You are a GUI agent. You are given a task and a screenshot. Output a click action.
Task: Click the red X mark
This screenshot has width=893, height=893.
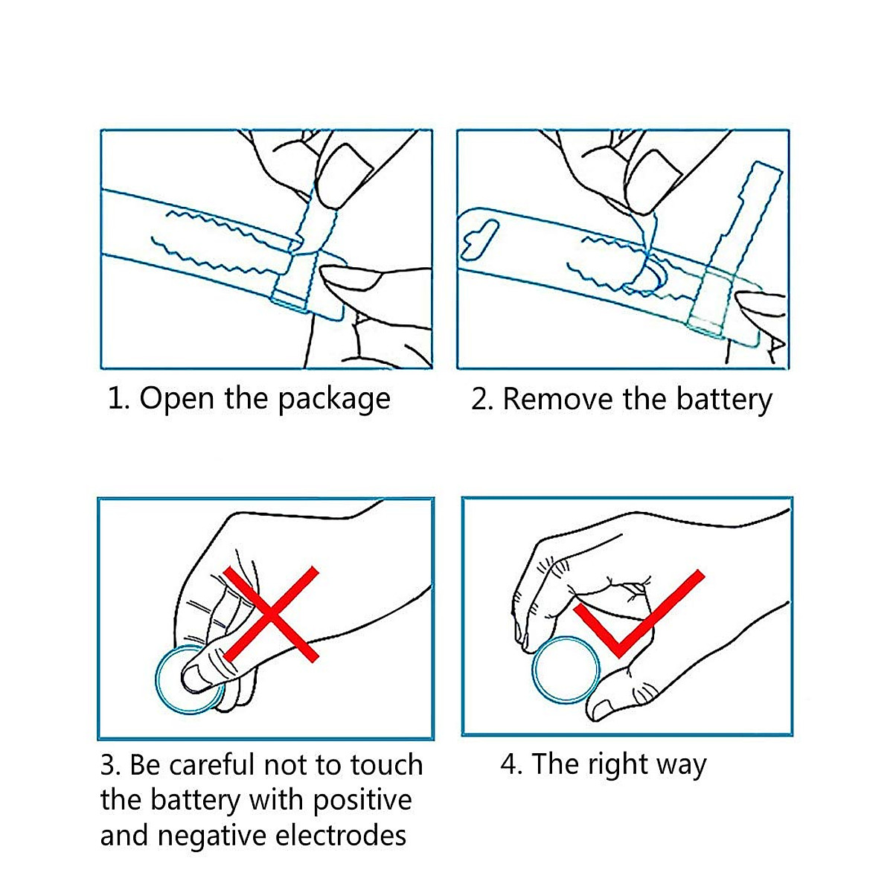[272, 615]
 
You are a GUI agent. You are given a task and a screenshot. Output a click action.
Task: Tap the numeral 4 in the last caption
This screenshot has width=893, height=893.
[510, 765]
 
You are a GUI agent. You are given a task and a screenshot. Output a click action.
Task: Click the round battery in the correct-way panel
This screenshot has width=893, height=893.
[566, 670]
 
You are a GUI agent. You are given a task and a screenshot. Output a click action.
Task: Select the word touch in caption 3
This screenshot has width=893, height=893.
[387, 765]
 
